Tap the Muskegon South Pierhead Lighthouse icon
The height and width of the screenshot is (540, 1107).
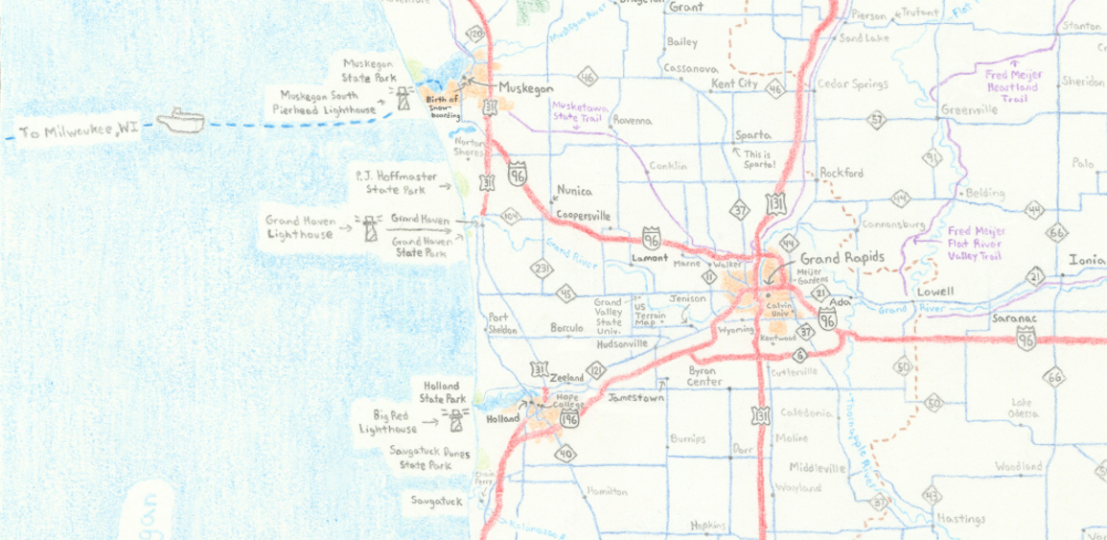click(404, 97)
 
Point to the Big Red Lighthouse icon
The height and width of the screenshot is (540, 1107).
click(454, 417)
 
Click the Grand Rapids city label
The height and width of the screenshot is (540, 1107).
click(840, 259)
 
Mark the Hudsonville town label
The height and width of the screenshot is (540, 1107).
click(623, 342)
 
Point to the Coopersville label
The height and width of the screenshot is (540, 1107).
click(584, 216)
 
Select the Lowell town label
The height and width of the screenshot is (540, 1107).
click(934, 291)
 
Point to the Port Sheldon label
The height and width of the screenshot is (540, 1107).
click(503, 323)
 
